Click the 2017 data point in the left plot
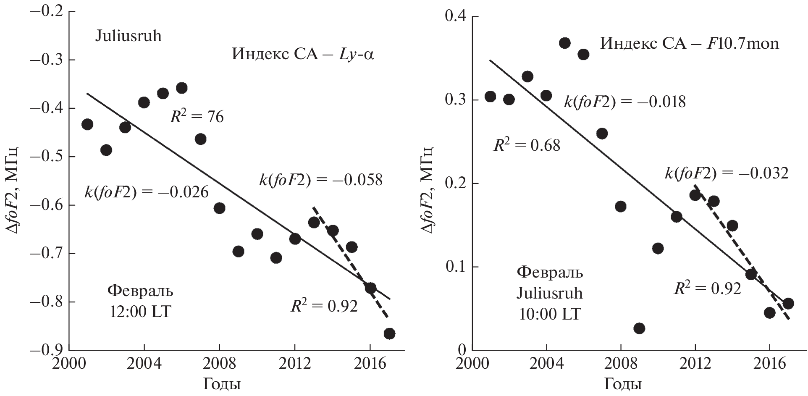coord(389,333)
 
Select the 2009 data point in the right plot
coord(639,328)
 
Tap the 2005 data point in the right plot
coord(565,43)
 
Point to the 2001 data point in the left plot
coord(87,124)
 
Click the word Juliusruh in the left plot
coord(129,36)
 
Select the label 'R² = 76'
coord(197,116)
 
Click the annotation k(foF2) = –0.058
coord(321,180)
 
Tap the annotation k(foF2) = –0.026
coord(147,192)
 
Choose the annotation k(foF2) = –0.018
coord(624,102)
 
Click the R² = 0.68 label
coord(527,145)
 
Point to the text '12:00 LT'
coord(140,312)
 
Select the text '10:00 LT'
coord(549,314)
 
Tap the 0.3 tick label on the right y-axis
coord(456,100)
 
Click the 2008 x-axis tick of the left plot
coord(220,364)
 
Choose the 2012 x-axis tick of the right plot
coord(695,364)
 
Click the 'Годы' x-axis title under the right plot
coord(623,384)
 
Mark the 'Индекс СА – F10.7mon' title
coord(689,43)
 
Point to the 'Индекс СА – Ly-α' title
coord(302,55)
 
